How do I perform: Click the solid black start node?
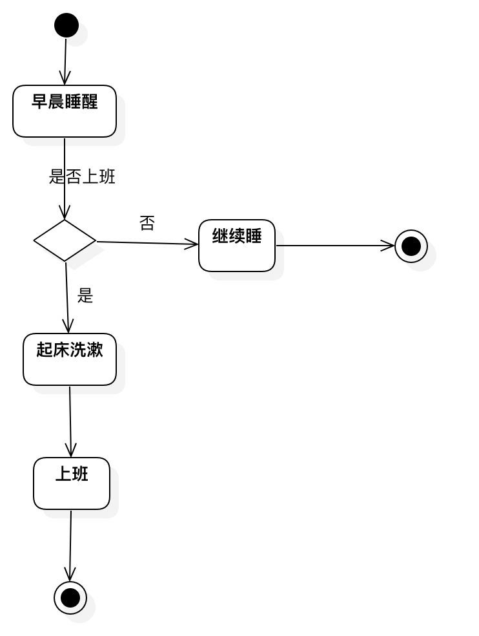coord(66,25)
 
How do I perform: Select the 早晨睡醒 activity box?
coord(65,111)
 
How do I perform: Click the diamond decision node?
coord(65,240)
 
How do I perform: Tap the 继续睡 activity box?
coord(237,246)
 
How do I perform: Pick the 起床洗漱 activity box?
coord(70,359)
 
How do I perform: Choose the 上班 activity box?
coord(72,483)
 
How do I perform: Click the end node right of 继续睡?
coord(411,246)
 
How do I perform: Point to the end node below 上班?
coord(70,598)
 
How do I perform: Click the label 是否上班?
coord(82,177)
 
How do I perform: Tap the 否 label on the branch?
coord(147,223)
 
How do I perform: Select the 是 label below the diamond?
coord(85,295)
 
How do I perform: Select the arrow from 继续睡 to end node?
coord(335,246)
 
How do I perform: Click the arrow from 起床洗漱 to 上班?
coord(70,422)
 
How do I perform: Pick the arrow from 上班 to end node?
coord(70,546)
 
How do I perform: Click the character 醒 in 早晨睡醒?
coord(90,101)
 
